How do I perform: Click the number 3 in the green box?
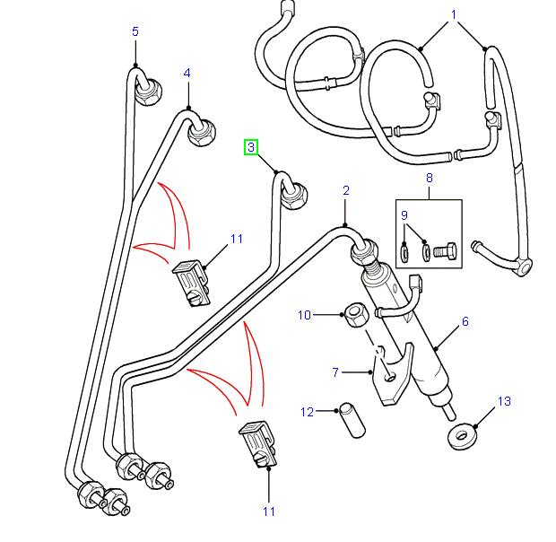[252, 147]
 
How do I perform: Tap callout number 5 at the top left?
[135, 32]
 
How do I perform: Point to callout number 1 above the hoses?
[454, 15]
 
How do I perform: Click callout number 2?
[346, 190]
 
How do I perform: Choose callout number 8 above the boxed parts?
[429, 179]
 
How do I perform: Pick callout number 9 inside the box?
[404, 215]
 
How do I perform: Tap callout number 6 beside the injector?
[465, 320]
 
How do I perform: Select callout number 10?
[305, 315]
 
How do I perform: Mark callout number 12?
[307, 412]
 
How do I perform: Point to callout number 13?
[504, 401]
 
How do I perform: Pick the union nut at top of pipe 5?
[147, 90]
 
